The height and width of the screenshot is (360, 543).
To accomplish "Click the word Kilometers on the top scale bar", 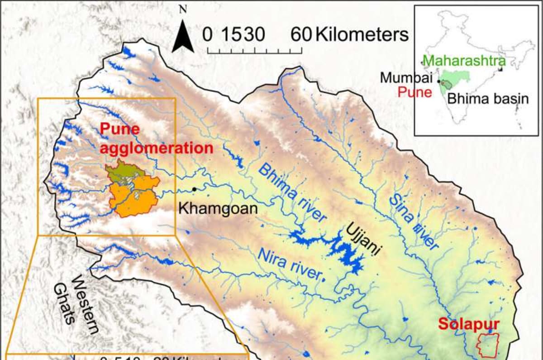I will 362,34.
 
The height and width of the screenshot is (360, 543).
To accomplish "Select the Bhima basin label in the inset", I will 488,98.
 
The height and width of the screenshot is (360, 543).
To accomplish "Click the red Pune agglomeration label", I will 156,139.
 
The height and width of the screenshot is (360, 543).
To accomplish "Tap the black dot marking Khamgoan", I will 195,189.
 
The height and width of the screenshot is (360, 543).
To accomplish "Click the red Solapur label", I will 468,324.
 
